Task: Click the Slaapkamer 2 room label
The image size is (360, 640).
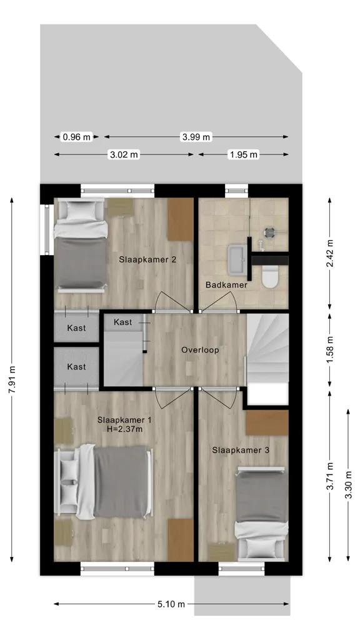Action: coord(147,259)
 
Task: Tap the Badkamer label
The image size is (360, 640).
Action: coord(226,285)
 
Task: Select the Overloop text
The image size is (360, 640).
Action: coord(200,350)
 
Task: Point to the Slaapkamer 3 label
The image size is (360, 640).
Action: coord(241,450)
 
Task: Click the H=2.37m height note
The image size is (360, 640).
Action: coord(125,429)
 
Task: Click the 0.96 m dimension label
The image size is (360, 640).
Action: coord(76,137)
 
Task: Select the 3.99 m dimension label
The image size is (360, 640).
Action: coord(196,137)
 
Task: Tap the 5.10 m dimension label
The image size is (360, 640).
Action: coord(171,604)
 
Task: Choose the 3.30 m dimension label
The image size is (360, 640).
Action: coord(347,485)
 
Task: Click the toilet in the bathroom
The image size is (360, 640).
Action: coord(270,276)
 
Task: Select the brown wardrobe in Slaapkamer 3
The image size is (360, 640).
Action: coord(267,423)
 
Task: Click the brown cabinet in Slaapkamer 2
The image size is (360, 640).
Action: coord(181,219)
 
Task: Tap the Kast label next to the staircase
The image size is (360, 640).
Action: coord(123,322)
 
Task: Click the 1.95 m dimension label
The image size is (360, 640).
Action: coord(244,154)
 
